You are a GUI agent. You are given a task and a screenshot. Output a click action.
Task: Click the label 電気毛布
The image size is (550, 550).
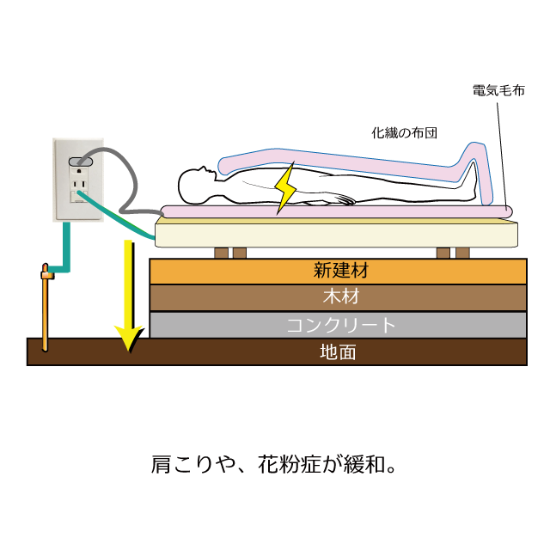tap(498, 90)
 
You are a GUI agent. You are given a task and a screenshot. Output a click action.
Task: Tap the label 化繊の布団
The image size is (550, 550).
tap(404, 133)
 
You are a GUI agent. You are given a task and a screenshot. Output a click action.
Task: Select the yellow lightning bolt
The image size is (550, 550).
tap(285, 188)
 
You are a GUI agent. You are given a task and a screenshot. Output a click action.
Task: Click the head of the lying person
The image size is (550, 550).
tap(196, 184)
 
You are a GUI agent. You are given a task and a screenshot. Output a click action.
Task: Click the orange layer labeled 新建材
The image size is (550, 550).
tap(338, 272)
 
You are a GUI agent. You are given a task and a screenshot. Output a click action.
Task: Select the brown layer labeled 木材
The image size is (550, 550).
tap(338, 297)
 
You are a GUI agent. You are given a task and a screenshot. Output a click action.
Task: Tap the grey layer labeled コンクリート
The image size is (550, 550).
tap(338, 325)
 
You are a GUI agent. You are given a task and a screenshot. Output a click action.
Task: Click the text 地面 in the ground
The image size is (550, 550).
tap(338, 351)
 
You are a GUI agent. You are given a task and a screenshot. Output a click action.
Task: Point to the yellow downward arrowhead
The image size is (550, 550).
tap(129, 339)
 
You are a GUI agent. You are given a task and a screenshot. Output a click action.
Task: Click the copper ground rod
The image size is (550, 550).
tap(45, 308)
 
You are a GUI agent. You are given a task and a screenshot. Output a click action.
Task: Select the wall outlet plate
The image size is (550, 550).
tap(78, 180)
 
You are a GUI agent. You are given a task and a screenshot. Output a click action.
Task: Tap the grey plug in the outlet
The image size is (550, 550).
tap(80, 162)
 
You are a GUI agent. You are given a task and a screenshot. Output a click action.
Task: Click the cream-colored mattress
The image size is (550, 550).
tap(336, 233)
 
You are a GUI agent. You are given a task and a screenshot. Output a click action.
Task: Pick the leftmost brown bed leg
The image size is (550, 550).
tap(221, 253)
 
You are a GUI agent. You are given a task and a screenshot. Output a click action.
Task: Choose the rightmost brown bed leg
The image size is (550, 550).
tap(462, 253)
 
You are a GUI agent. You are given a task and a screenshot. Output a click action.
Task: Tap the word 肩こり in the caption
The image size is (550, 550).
tap(182, 464)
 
